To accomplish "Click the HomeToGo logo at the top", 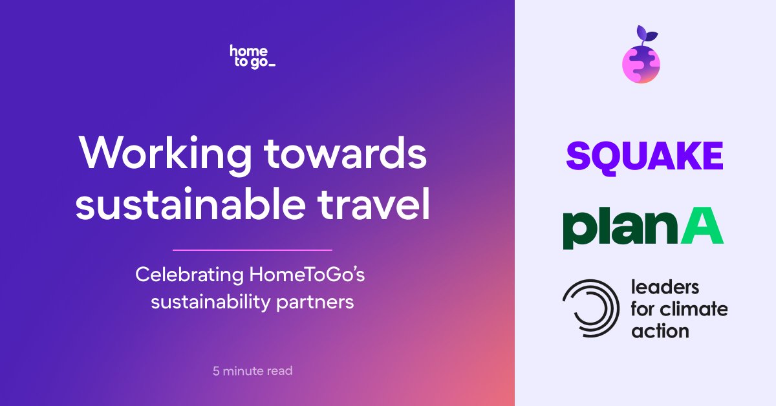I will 253,57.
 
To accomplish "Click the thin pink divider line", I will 252,250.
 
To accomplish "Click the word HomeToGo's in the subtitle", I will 308,275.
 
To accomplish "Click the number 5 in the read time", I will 216,371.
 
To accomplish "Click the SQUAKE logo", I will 645,156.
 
